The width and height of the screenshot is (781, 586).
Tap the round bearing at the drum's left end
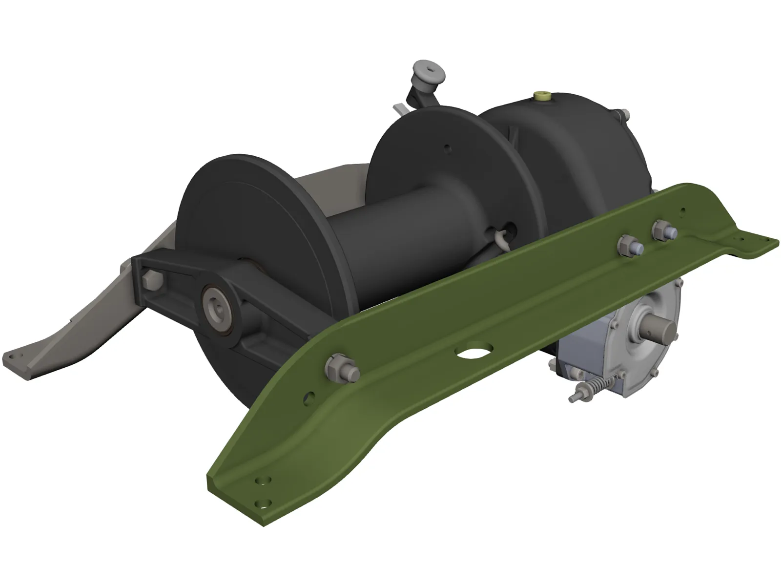218,306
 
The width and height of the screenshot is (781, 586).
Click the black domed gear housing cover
576,146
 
